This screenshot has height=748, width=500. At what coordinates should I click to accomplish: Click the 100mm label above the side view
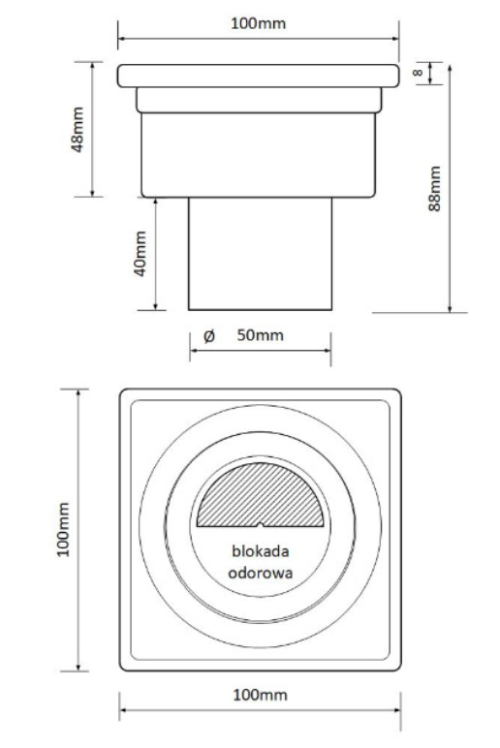click(258, 23)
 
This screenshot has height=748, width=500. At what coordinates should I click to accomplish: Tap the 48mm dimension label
click(78, 129)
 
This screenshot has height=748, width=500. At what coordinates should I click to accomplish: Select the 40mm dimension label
click(140, 253)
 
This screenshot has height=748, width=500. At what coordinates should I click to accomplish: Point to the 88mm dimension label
click(434, 188)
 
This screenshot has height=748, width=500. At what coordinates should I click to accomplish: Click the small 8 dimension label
click(418, 73)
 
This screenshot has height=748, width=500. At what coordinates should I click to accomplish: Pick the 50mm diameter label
click(260, 335)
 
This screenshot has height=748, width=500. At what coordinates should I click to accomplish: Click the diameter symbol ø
click(209, 336)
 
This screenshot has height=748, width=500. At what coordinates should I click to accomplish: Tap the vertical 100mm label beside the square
click(63, 530)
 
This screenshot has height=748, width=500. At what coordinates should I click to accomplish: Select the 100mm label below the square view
click(260, 695)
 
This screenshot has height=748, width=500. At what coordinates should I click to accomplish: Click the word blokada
click(261, 551)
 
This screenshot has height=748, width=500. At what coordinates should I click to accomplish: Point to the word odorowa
click(261, 573)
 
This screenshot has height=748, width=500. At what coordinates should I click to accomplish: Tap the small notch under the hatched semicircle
click(260, 525)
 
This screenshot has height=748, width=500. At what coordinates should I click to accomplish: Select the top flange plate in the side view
click(258, 76)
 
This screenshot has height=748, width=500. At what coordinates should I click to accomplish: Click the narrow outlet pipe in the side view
click(260, 254)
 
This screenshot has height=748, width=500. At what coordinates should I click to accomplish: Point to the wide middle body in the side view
click(259, 155)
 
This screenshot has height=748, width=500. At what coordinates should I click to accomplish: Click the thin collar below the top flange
click(259, 100)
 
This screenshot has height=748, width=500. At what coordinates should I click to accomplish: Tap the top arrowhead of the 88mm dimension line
click(450, 69)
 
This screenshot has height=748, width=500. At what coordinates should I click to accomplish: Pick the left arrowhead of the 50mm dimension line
click(194, 351)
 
